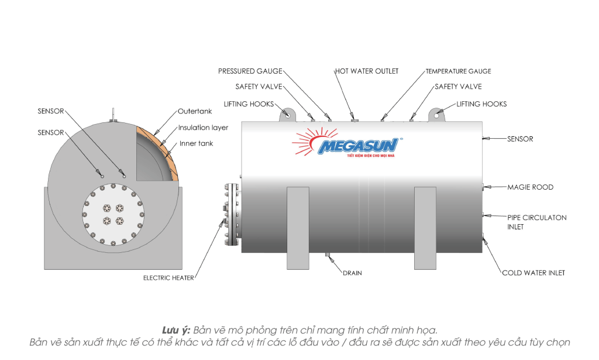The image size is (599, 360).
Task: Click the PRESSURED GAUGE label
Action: click(x=250, y=71)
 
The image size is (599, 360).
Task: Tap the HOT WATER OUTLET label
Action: click(x=367, y=71)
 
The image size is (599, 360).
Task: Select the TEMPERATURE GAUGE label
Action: click(x=458, y=71)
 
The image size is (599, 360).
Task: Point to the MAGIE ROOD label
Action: click(x=530, y=187)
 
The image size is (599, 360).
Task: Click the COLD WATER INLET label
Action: click(x=533, y=273)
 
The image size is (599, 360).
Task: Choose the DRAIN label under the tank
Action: click(x=352, y=273)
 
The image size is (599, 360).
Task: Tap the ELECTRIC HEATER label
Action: click(x=168, y=278)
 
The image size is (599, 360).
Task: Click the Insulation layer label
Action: click(x=203, y=128)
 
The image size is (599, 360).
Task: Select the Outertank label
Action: click(x=194, y=111)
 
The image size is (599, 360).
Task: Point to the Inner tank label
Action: click(x=196, y=143)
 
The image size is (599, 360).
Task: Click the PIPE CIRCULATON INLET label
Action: click(x=536, y=222)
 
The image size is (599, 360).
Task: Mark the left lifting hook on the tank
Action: click(x=287, y=115)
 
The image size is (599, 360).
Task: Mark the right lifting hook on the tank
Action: click(x=437, y=115)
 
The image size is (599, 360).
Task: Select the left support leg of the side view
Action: click(x=298, y=228)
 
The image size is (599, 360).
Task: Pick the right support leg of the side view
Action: click(x=425, y=228)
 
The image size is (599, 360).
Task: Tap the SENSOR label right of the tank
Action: click(x=520, y=139)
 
